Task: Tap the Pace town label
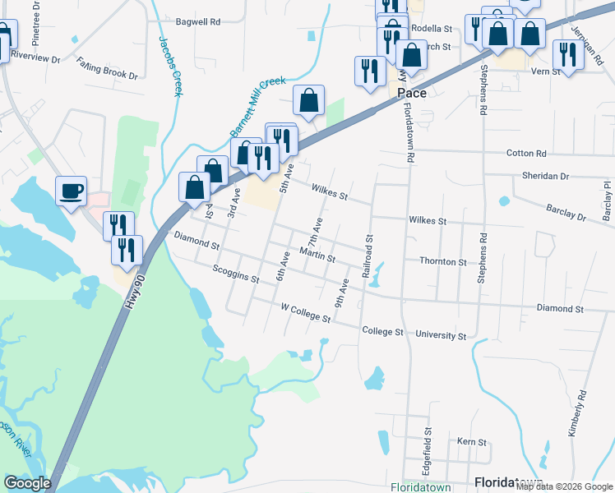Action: tap(411, 93)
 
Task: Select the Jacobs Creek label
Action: tap(169, 67)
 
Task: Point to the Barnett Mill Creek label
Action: tap(257, 107)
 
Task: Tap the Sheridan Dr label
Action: tap(546, 177)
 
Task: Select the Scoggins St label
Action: tap(235, 274)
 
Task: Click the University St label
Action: tap(441, 336)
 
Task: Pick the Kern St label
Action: tap(472, 442)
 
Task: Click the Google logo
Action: tap(27, 483)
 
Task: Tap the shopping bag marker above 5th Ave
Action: tap(308, 102)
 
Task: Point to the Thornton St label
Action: tap(443, 262)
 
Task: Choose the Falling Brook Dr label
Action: tap(107, 67)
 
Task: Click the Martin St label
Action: tap(317, 257)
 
